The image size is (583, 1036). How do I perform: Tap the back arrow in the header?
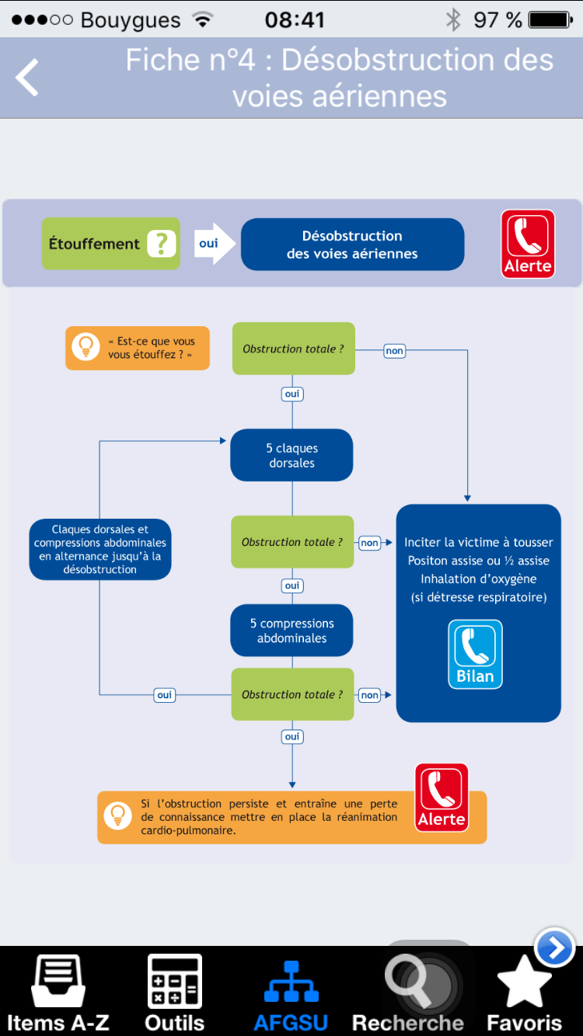(27, 77)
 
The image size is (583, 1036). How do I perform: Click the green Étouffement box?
(111, 244)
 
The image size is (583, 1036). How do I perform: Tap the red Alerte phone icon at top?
(528, 244)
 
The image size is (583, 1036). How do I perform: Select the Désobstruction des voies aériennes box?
(352, 244)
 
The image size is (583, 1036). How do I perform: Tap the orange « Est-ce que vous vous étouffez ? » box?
(138, 348)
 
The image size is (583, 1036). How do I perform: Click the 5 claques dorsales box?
(291, 455)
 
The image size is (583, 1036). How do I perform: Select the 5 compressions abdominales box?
(291, 631)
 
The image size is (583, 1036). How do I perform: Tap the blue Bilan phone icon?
(475, 654)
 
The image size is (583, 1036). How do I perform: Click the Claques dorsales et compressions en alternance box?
(100, 549)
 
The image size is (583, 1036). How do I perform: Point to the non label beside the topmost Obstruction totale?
(395, 350)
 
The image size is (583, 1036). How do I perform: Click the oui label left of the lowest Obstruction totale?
(164, 694)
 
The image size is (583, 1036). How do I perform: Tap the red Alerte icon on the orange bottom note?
(442, 798)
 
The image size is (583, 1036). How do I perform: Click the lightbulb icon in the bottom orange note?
(117, 816)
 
